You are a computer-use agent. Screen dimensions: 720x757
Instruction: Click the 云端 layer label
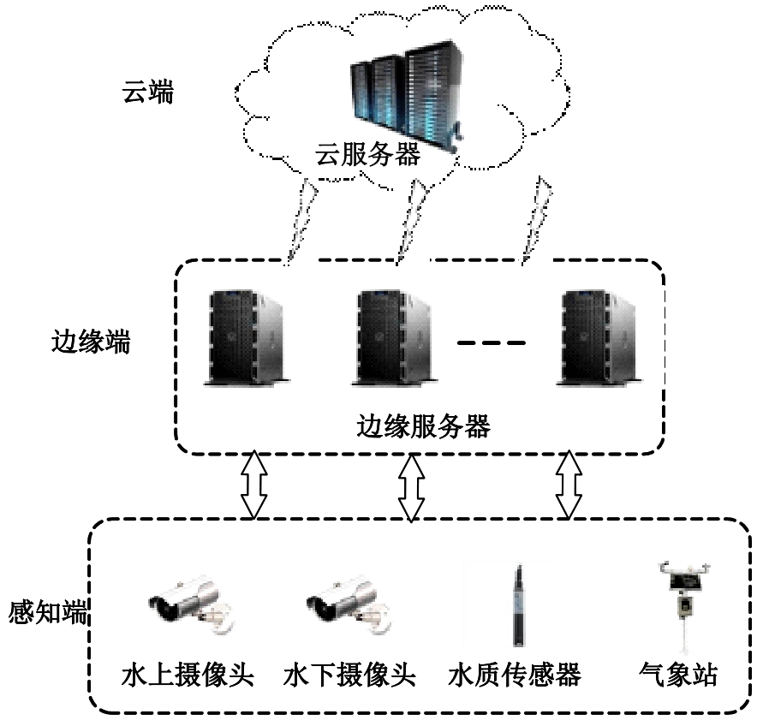pos(147,92)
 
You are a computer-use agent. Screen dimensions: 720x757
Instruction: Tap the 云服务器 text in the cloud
pos(367,155)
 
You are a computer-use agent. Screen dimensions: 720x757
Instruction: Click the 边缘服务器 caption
pos(423,425)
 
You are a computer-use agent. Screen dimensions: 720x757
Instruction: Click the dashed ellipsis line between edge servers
pos(491,343)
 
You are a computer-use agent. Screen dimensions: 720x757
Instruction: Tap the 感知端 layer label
pos(48,613)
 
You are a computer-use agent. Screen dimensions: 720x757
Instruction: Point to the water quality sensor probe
pos(517,604)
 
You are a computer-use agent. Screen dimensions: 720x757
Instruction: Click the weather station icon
pos(682,599)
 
